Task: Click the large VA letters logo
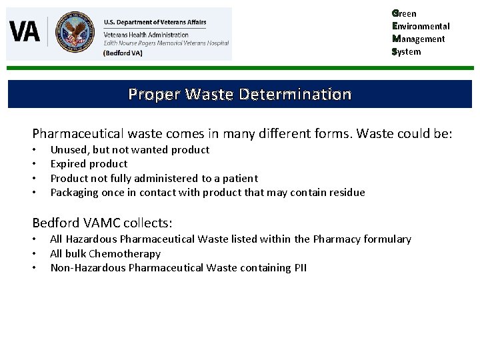click(25, 31)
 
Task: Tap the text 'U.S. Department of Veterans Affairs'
click(155, 22)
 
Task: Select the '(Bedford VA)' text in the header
click(123, 53)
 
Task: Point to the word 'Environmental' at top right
click(421, 26)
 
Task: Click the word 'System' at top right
click(407, 51)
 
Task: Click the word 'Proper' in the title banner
click(153, 94)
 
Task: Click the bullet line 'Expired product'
click(89, 164)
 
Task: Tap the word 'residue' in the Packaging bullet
click(347, 193)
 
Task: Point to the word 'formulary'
click(387, 239)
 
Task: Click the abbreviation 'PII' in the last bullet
click(299, 268)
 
